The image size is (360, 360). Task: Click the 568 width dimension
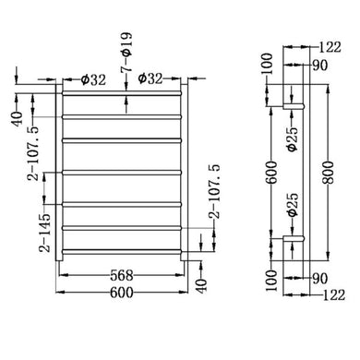click(x=124, y=274)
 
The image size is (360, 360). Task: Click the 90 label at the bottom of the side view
click(x=320, y=277)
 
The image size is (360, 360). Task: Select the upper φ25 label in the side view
click(x=290, y=140)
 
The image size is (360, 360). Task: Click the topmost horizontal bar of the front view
click(x=125, y=93)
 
